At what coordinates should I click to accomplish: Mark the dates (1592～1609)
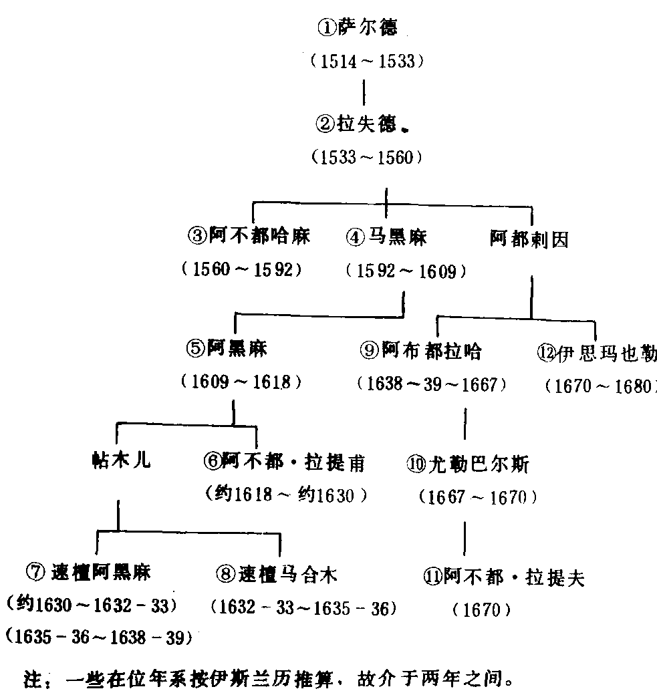(x=406, y=271)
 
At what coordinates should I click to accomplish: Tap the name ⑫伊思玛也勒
(x=596, y=352)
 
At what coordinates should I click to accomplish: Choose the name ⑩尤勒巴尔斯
(x=467, y=463)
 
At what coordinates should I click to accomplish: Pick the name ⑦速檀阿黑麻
(x=89, y=572)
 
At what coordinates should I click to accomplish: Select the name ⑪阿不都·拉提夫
(x=504, y=576)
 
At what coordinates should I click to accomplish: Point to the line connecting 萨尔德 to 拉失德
(x=364, y=93)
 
